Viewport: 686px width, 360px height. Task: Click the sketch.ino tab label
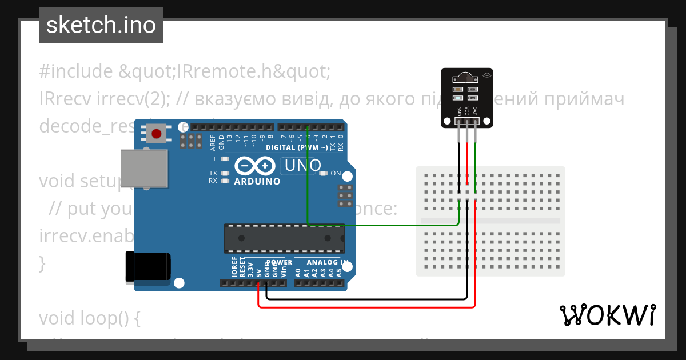pyautogui.click(x=101, y=25)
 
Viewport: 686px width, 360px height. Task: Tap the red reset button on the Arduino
pyautogui.click(x=156, y=134)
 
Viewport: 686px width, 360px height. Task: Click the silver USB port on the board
pyautogui.click(x=145, y=168)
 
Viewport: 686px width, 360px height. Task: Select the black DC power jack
pyautogui.click(x=147, y=267)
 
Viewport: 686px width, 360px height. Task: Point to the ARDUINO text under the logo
pyautogui.click(x=257, y=182)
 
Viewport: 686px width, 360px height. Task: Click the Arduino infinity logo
pyautogui.click(x=256, y=166)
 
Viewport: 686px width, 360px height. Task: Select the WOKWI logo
pyautogui.click(x=607, y=315)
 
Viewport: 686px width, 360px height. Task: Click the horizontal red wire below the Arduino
pyautogui.click(x=366, y=307)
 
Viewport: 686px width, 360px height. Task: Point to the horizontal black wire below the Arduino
pyautogui.click(x=366, y=298)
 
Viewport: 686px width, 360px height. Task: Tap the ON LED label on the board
pyautogui.click(x=336, y=173)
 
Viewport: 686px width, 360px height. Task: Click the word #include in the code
pyautogui.click(x=75, y=72)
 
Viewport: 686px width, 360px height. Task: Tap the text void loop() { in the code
pyautogui.click(x=89, y=317)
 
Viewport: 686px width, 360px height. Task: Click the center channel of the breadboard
pyautogui.click(x=490, y=221)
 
